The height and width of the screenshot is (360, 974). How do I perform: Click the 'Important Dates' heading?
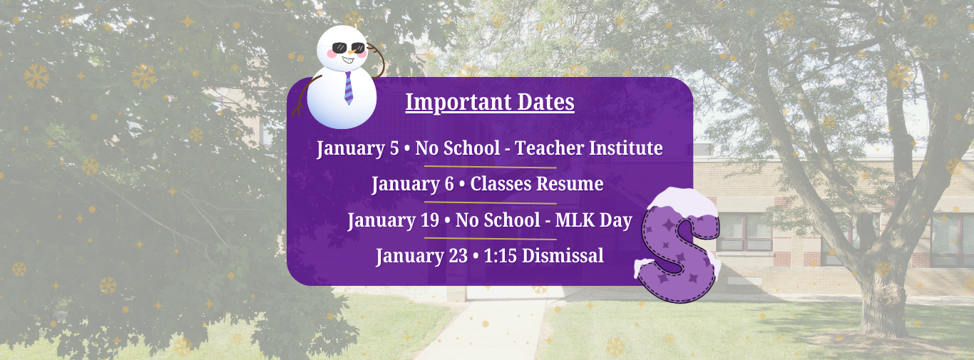tap(490, 103)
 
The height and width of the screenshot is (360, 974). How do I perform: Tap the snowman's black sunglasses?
tap(348, 47)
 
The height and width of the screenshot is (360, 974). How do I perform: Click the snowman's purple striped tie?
tap(348, 88)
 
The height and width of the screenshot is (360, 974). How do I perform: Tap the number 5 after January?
tap(394, 149)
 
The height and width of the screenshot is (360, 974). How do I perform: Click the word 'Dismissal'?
tap(563, 256)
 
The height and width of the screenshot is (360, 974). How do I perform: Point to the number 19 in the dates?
tap(430, 220)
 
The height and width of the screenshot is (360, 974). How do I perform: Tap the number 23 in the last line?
tap(458, 256)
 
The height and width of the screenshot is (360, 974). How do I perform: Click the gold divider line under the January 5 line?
tap(490, 167)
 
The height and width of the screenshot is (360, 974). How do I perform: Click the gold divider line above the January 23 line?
tap(490, 239)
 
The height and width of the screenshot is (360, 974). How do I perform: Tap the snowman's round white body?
tap(342, 100)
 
